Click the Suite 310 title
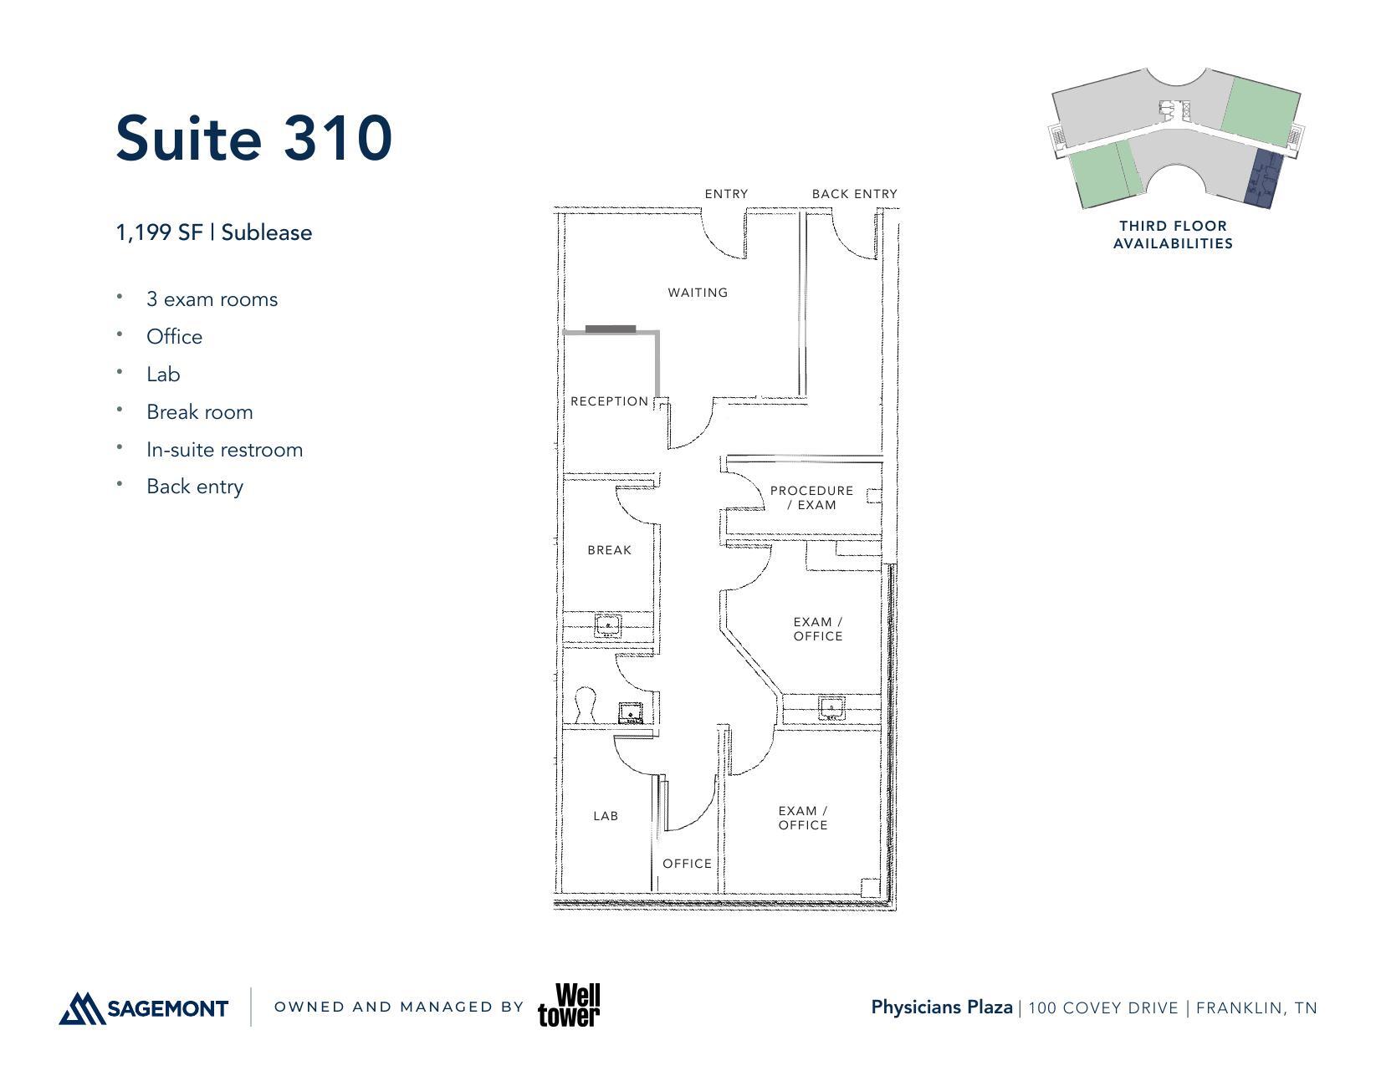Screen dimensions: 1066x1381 click(253, 138)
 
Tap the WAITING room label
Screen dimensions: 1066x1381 click(698, 293)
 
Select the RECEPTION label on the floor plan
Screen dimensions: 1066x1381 click(609, 401)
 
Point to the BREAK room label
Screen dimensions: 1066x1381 click(609, 550)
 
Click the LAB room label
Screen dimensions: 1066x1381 click(606, 816)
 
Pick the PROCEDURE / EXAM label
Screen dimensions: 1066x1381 click(811, 497)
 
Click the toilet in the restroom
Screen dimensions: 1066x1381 click(586, 706)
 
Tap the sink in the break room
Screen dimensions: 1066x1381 click(608, 625)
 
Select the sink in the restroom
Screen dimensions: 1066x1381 click(632, 713)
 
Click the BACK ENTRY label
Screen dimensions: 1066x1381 click(854, 194)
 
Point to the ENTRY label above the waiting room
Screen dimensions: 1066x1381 click(726, 194)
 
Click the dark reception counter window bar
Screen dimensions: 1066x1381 click(611, 329)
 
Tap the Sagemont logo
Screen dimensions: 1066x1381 click(144, 1007)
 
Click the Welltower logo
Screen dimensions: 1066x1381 click(569, 1006)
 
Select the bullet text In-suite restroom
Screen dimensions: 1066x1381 click(224, 450)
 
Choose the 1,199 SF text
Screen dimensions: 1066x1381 click(159, 232)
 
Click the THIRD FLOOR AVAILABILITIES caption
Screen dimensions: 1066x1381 click(1173, 235)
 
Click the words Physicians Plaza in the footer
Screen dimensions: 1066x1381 click(941, 1007)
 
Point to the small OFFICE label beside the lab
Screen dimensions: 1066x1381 click(687, 864)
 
